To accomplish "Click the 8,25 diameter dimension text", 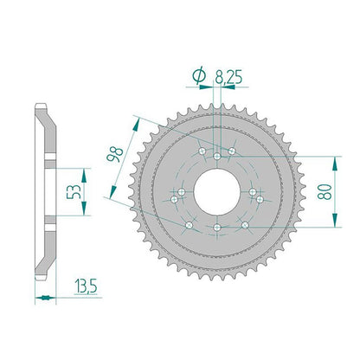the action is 228,77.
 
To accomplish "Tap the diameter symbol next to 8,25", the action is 199,76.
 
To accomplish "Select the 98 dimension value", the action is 114,155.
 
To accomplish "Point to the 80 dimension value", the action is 325,191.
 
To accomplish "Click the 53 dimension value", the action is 74,191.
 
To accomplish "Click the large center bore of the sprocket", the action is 217,191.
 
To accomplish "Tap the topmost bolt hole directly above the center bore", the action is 217,157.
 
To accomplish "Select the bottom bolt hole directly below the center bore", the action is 217,228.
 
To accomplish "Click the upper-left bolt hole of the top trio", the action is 202,151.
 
